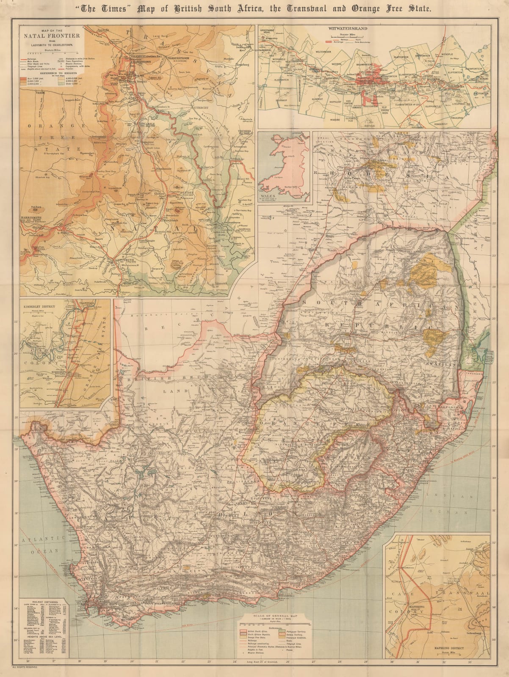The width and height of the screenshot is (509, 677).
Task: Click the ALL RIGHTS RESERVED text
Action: pyautogui.click(x=25, y=667)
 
